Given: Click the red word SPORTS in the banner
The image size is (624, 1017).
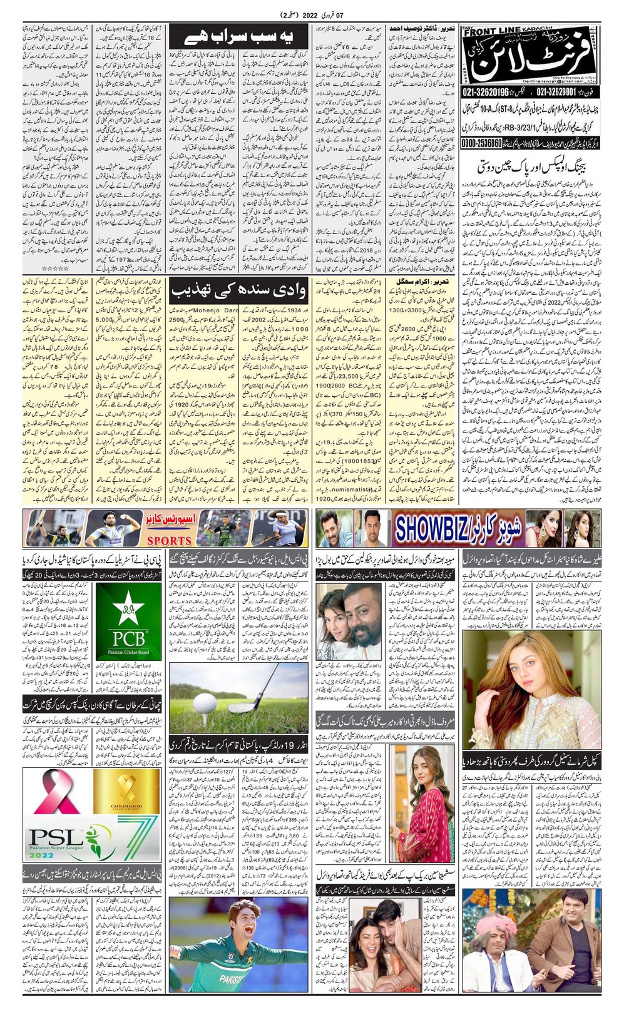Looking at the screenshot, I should pos(168,540).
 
